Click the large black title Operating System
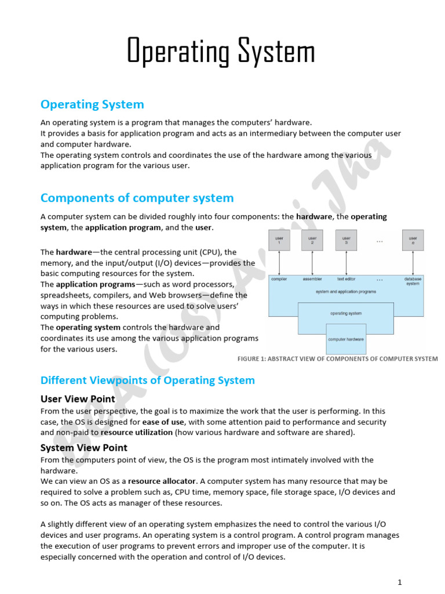tap(221, 52)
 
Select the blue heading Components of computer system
tap(137, 198)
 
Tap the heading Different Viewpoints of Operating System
tap(147, 381)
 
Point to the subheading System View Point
tap(83, 448)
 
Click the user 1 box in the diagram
tap(279, 240)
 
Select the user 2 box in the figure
tap(312, 240)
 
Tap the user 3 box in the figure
tap(346, 240)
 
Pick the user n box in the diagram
tap(413, 240)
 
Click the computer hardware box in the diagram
tap(346, 339)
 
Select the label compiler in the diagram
tap(279, 279)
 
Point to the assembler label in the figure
tap(312, 279)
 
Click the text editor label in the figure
tap(346, 279)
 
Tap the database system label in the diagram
tap(413, 281)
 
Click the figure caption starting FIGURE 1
tap(337, 358)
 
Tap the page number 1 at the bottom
tap(400, 582)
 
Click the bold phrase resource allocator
tap(162, 481)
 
